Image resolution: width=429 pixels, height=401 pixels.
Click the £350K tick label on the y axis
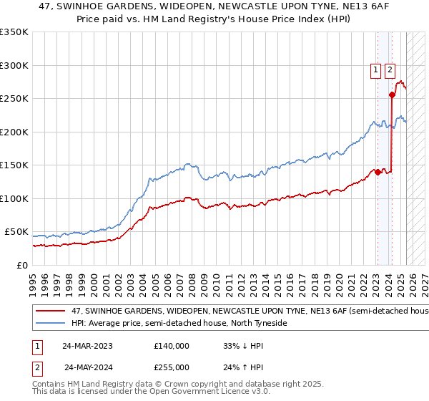14,32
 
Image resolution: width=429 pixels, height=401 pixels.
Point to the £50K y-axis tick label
16,232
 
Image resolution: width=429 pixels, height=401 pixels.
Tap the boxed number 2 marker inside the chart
390,70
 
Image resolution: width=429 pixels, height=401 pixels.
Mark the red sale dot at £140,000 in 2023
378,172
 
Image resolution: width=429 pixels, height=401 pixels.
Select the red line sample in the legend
51,311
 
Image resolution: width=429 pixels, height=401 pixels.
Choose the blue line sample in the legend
51,323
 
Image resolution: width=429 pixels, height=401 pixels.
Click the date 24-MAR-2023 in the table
87,346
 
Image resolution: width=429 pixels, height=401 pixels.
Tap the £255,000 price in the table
171,367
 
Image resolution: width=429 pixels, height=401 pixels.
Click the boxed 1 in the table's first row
36,346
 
